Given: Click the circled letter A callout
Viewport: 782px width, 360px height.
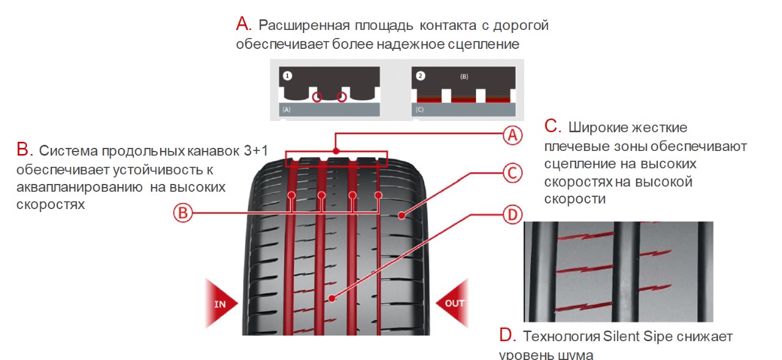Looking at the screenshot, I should [513, 135].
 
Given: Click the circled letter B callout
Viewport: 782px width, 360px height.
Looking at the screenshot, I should [183, 213].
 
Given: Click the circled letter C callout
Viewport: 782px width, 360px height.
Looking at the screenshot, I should [512, 174].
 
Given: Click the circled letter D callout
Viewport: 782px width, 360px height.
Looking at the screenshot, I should [512, 215].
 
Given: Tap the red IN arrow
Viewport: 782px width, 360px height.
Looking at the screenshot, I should [223, 303].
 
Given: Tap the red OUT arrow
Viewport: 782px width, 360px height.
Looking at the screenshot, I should [451, 303].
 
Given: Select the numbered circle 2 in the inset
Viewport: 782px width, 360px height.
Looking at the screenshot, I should [420, 76].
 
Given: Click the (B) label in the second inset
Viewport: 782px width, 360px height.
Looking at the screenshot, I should [464, 78].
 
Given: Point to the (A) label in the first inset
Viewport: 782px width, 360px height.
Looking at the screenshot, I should [287, 110].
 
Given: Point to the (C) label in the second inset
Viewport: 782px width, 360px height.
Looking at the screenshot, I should [419, 110].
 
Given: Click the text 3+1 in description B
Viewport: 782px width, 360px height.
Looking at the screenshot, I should [260, 150].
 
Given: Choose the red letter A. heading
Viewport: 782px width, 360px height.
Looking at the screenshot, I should [244, 24].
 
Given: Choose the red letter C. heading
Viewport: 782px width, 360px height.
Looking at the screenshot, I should [552, 127].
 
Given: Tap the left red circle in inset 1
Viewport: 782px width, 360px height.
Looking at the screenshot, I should [316, 97].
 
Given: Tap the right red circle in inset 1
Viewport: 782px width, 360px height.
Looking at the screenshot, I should [342, 97].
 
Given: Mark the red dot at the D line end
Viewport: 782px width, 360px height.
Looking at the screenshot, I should [332, 299].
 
